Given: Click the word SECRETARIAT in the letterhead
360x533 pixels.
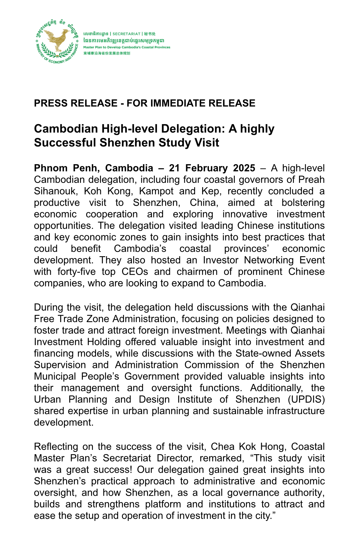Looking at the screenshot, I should pyautogui.click(x=126, y=34).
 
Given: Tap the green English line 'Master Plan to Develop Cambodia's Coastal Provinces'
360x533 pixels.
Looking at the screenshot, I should pyautogui.click(x=127, y=47).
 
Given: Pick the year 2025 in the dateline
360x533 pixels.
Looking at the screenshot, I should pyautogui.click(x=244, y=168).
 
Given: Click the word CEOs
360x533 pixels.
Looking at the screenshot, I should pyautogui.click(x=135, y=272).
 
